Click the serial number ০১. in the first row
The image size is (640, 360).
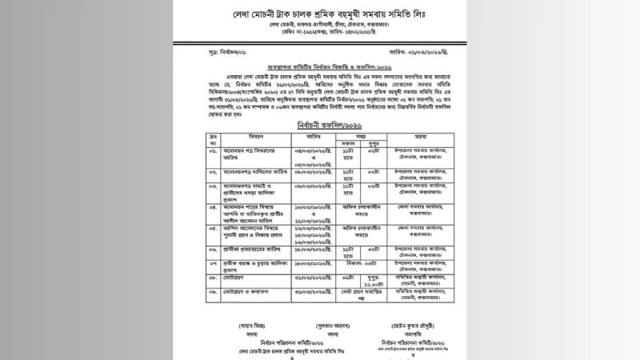pyautogui.click(x=214, y=151)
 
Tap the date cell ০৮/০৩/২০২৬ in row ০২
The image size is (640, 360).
pyautogui.click(x=310, y=171)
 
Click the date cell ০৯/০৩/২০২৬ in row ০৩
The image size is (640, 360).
pyautogui.click(x=310, y=186)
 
